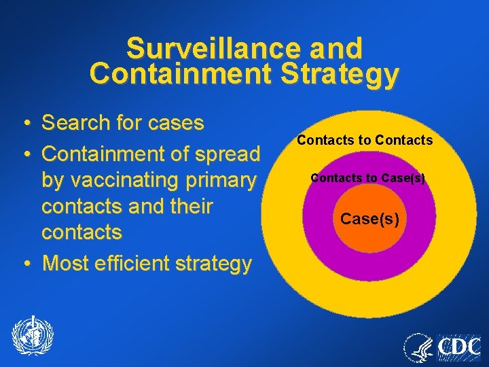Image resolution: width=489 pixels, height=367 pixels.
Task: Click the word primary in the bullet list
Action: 223,180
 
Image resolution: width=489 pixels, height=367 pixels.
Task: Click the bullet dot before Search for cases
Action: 24,124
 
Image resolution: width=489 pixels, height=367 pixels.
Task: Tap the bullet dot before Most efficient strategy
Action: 24,263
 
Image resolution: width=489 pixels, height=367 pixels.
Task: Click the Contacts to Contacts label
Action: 364,141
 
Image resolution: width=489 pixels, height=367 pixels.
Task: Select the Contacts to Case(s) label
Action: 367,179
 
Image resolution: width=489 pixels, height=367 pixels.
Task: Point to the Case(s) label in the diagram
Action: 369,220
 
